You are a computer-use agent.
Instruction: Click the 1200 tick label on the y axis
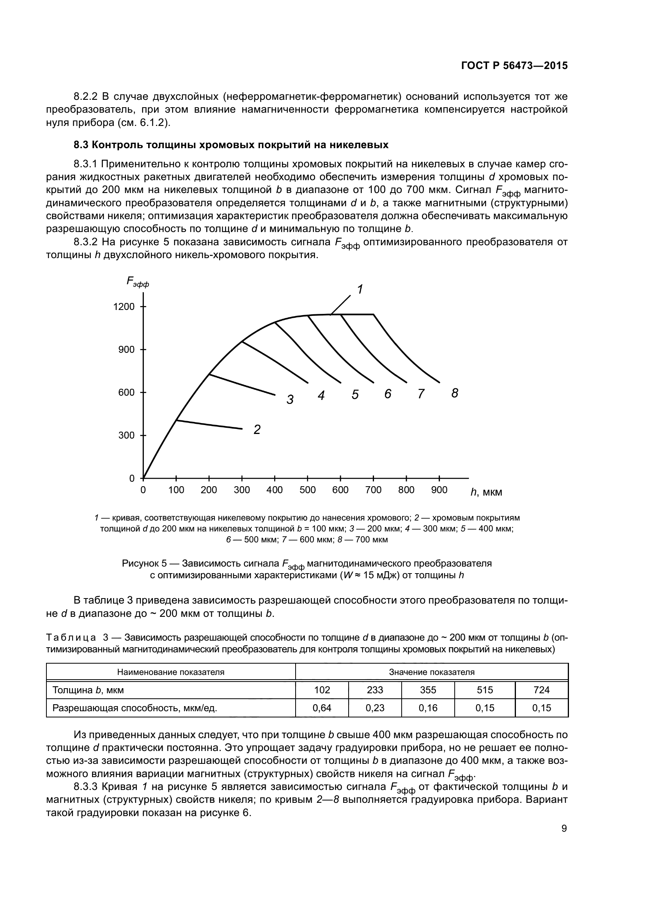(x=124, y=306)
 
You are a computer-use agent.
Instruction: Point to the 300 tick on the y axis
(x=127, y=436)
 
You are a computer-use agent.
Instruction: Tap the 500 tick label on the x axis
(x=307, y=490)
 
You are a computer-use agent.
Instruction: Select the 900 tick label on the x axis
(x=439, y=490)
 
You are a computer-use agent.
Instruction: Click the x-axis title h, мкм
(x=486, y=492)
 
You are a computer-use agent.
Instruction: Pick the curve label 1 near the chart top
(x=360, y=290)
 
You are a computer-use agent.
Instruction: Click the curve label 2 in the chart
(x=257, y=429)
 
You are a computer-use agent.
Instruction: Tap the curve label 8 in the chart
(x=455, y=393)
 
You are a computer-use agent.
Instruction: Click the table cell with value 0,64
(x=322, y=707)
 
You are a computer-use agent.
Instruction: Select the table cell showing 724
(x=541, y=690)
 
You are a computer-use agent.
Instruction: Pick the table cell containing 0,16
(x=428, y=707)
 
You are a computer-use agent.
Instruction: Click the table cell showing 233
(x=374, y=690)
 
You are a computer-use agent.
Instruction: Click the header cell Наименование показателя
(x=171, y=672)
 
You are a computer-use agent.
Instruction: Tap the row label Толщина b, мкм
(x=88, y=690)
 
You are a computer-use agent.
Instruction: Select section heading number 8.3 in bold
(x=82, y=145)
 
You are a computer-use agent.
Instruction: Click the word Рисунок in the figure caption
(x=139, y=563)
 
